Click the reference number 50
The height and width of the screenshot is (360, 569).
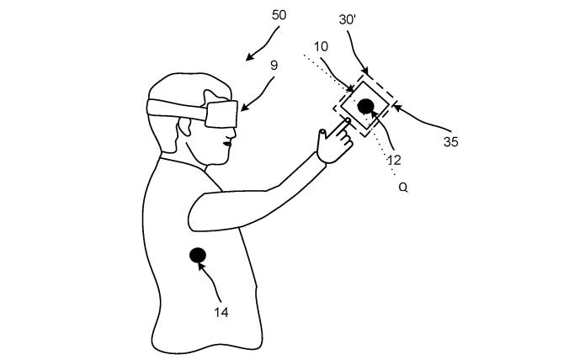(279, 15)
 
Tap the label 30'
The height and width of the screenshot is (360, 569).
(348, 19)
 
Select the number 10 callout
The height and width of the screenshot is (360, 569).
(321, 47)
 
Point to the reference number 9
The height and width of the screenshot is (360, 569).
(274, 66)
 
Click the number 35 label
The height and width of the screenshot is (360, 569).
(450, 142)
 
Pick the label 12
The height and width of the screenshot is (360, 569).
(394, 160)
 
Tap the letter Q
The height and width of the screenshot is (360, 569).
(403, 188)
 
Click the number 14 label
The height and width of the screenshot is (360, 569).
(221, 312)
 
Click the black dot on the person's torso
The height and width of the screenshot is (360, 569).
(198, 256)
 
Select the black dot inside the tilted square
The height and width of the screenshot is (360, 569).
(366, 107)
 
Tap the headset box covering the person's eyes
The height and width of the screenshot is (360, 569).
(221, 114)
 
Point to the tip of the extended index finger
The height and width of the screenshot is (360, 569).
(348, 120)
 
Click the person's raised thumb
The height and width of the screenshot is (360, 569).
(322, 135)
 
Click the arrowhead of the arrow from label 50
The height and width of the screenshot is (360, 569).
(249, 57)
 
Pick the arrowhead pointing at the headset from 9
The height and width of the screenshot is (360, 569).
(243, 108)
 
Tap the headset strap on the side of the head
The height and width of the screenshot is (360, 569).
(177, 108)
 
